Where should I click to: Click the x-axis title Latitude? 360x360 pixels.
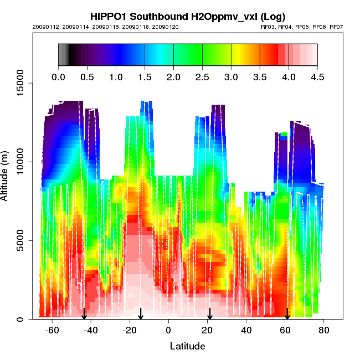[x=187, y=346]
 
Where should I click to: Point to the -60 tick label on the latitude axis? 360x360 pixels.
[x=52, y=331]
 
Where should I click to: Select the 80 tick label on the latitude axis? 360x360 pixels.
[x=324, y=331]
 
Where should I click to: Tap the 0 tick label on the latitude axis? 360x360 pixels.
[x=168, y=331]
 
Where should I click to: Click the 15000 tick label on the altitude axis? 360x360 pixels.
[x=20, y=84]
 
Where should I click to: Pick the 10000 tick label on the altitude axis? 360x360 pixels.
[x=20, y=162]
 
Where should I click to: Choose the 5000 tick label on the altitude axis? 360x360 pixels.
[x=20, y=240]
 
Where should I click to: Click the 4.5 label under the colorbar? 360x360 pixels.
[x=317, y=77]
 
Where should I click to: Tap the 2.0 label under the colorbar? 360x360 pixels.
[x=173, y=77]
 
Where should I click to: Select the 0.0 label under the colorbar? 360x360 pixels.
[x=58, y=77]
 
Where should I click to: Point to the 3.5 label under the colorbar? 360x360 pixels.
[x=259, y=77]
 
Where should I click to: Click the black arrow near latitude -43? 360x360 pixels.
[x=84, y=313]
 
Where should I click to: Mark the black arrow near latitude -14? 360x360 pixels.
[x=141, y=313]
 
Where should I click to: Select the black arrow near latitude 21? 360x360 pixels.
[x=210, y=313]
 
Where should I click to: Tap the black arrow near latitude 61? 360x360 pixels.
[x=287, y=313]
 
